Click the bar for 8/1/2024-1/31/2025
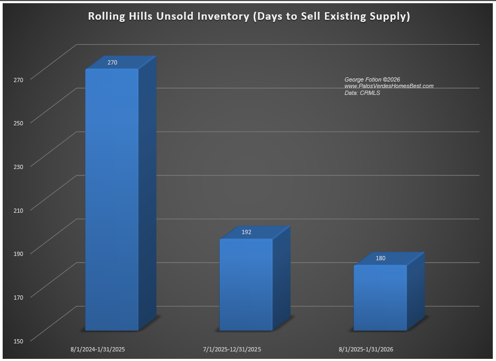(112, 200)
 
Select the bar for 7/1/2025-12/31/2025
(246, 285)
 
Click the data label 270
(112, 62)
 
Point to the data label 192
(246, 232)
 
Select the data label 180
(380, 259)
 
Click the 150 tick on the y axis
(19, 340)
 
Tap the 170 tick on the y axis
(19, 296)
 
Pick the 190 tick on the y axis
(19, 253)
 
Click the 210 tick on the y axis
(19, 210)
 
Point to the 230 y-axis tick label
(19, 166)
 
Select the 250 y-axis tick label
(19, 123)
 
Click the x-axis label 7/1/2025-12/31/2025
(232, 350)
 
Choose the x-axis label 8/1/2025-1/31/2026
(366, 350)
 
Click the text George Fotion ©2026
(372, 79)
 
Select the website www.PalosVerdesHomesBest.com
(389, 86)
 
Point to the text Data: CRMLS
(362, 93)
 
